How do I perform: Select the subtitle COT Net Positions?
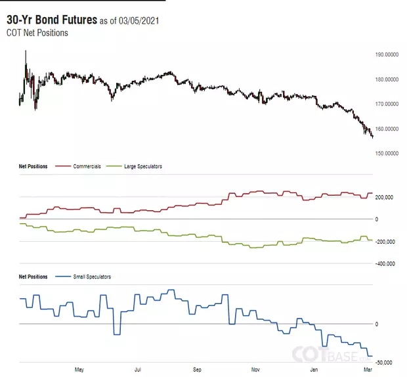[x=37, y=32]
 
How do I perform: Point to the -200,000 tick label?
[x=384, y=242]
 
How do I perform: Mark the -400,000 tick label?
[x=384, y=264]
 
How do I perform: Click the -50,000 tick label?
[x=384, y=363]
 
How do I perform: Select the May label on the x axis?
[x=79, y=370]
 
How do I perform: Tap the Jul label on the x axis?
[x=138, y=370]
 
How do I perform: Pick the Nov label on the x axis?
[x=256, y=370]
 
